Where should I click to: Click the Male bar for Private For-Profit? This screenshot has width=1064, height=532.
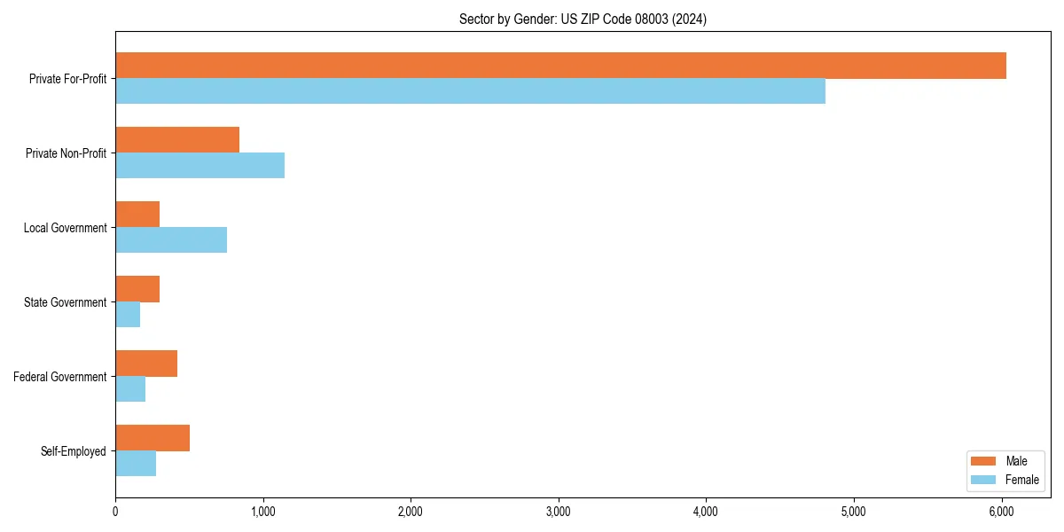(560, 66)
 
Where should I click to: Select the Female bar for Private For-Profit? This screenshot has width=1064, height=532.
(470, 91)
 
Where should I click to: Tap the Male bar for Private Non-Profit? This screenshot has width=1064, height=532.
(177, 140)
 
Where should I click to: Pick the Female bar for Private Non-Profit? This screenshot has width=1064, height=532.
(199, 166)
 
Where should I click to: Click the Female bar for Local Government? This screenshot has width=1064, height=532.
(171, 240)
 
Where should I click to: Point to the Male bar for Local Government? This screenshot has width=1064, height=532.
(137, 215)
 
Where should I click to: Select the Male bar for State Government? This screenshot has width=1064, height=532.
(137, 289)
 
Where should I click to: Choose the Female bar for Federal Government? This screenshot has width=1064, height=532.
(130, 389)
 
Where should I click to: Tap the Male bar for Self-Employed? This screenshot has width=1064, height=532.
(153, 438)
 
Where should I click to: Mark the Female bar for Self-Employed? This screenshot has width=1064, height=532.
(136, 464)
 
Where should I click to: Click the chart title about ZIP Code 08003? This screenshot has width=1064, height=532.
(583, 19)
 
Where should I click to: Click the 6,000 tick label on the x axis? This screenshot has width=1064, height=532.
(1001, 511)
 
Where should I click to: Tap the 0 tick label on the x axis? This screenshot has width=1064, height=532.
(115, 511)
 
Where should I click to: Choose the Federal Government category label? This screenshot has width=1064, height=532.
(60, 377)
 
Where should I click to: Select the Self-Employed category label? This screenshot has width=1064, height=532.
(74, 451)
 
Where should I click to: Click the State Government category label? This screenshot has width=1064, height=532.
(66, 302)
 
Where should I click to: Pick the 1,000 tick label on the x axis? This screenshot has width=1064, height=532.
(262, 511)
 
